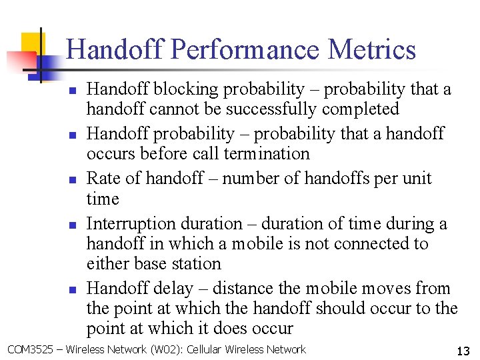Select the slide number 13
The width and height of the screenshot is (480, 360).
pos(463,351)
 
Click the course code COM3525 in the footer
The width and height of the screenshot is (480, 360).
pos(29,349)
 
